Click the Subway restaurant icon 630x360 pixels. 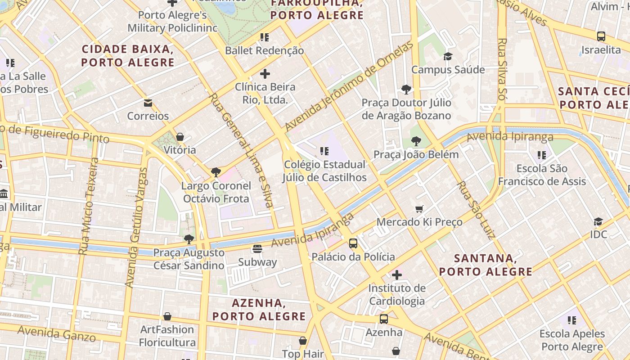coord(257,248)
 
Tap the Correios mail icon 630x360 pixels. coord(148,103)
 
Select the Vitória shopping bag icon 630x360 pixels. coord(180,136)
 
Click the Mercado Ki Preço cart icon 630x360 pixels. coord(419,208)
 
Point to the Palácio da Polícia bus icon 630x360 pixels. coord(353,243)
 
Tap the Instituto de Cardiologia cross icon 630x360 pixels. coord(396,274)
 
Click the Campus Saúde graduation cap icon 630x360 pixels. coord(448,56)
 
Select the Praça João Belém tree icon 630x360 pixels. coord(416,141)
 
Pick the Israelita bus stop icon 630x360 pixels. coord(601,36)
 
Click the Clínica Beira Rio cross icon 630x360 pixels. coord(265,73)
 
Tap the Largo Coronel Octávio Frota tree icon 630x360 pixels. coord(216,172)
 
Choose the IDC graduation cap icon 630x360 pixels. coord(598,221)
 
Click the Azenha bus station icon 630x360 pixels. coord(383,319)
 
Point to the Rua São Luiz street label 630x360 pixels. coord(476,210)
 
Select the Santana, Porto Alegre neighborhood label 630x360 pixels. coord(486,265)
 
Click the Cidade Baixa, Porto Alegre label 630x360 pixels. coord(128,55)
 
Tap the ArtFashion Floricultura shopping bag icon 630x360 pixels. coord(167,316)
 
